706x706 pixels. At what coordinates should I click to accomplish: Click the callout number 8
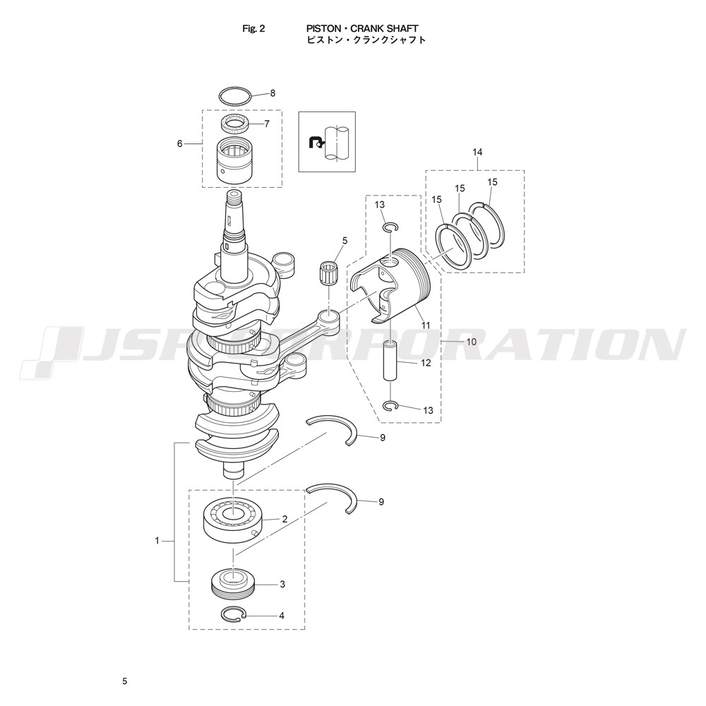point(273,94)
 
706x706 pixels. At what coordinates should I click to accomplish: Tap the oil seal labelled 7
point(237,124)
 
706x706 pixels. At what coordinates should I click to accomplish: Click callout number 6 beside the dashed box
point(179,143)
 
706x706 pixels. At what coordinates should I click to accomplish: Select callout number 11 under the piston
point(426,325)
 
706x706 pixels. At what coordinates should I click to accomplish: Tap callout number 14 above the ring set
point(477,152)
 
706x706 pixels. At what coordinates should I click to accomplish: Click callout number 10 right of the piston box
point(471,342)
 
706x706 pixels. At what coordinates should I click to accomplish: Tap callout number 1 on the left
point(157,541)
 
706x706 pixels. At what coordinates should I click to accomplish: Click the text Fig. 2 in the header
point(253,29)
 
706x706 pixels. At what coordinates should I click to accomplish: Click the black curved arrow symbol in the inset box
point(315,143)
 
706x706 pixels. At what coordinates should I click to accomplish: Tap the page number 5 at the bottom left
point(125,681)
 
